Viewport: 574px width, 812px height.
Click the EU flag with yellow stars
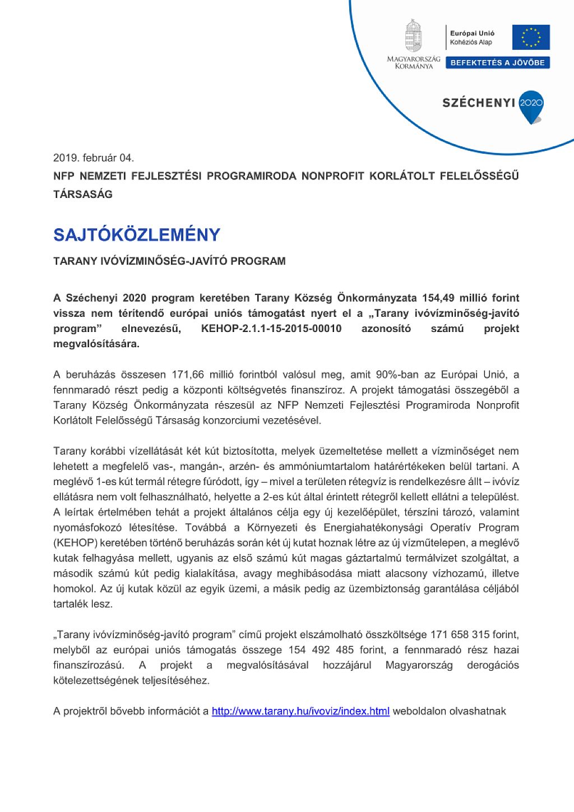(530, 38)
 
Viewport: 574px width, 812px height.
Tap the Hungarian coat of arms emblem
(414, 36)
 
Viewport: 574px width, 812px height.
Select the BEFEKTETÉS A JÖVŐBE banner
(497, 63)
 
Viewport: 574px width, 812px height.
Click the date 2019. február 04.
(94, 158)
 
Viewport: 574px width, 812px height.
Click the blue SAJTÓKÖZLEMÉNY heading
(137, 235)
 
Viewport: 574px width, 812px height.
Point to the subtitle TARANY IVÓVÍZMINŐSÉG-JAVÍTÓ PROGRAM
(169, 261)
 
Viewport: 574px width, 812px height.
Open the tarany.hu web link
(300, 712)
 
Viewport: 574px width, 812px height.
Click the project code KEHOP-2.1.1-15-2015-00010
(271, 329)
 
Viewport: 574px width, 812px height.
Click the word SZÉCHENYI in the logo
(478, 103)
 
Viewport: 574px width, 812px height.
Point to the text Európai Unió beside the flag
(472, 34)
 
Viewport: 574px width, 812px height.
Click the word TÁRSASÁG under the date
(83, 195)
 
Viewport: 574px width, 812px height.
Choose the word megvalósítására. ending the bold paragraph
(96, 344)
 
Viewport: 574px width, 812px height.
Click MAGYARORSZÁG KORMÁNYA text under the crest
(414, 62)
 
